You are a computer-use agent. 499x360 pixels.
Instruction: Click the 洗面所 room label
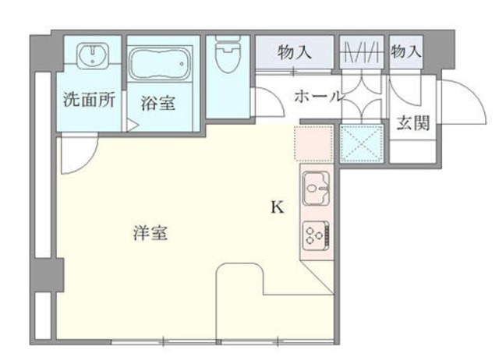(x=90, y=99)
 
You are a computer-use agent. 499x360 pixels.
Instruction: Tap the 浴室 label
(x=158, y=102)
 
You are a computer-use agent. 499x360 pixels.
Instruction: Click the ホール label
(x=317, y=97)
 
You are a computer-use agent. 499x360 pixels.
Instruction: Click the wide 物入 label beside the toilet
(x=295, y=52)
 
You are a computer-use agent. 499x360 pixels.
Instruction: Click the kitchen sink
(x=316, y=186)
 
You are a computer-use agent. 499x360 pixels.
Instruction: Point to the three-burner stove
(x=317, y=235)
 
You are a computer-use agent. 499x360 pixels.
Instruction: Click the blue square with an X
(x=360, y=142)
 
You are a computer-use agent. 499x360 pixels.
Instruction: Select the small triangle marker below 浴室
(x=133, y=124)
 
